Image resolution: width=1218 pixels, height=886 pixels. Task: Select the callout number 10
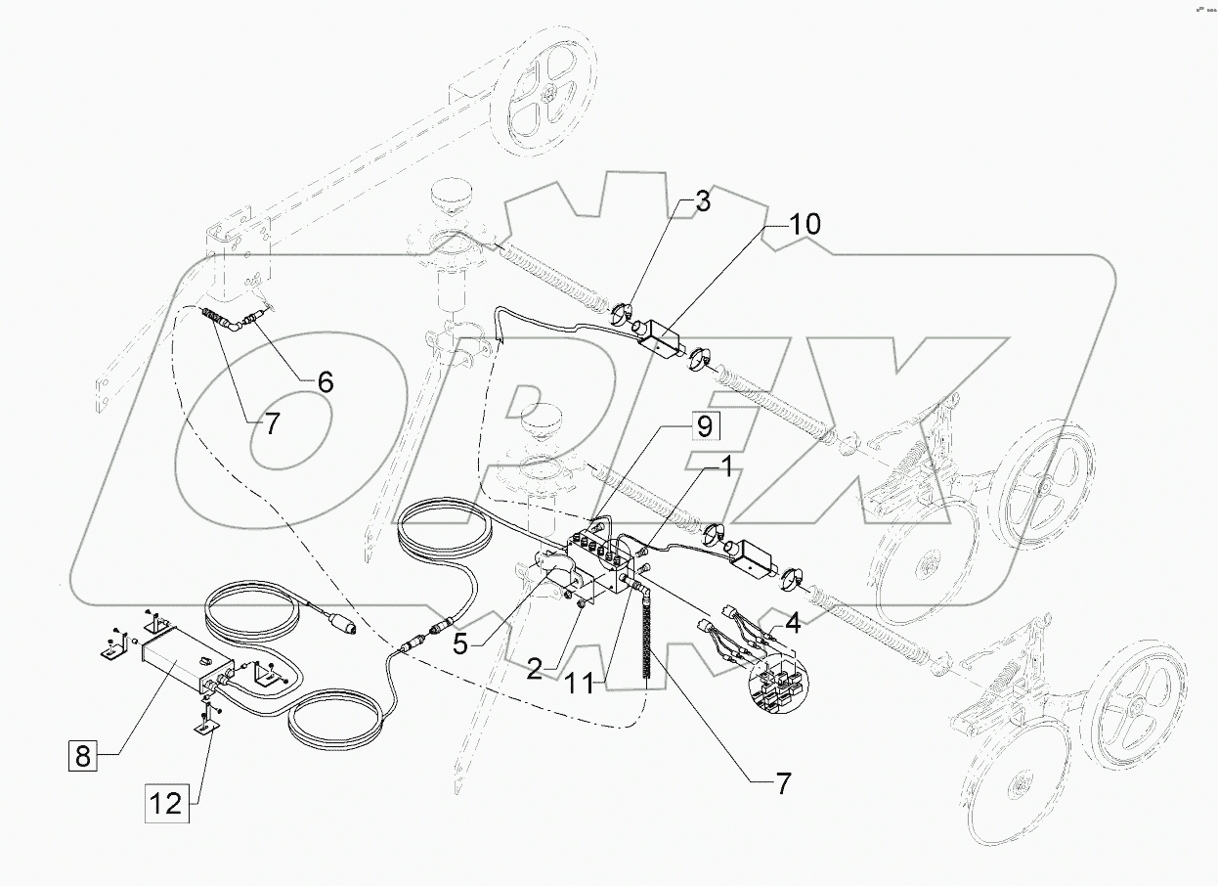pyautogui.click(x=805, y=225)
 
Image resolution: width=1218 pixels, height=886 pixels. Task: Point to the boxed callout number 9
pyautogui.click(x=706, y=427)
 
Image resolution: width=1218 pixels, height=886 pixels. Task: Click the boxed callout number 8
pyautogui.click(x=83, y=755)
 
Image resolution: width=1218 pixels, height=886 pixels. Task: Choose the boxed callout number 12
pyautogui.click(x=166, y=804)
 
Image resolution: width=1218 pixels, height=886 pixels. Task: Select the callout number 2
pyautogui.click(x=535, y=669)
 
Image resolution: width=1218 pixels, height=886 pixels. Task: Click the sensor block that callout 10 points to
pyautogui.click(x=662, y=338)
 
